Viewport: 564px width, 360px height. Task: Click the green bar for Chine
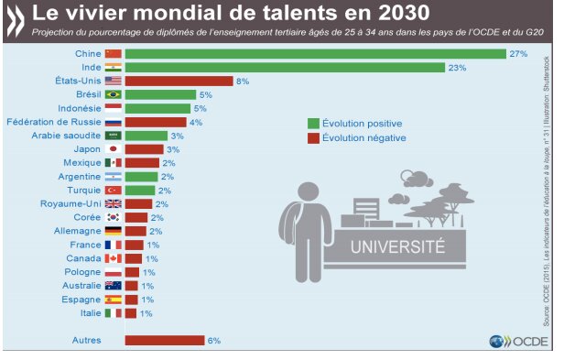point(316,54)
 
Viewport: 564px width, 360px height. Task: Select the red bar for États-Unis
point(179,81)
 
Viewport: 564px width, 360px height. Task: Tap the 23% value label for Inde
point(457,68)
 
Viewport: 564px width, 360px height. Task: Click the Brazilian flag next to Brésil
point(114,94)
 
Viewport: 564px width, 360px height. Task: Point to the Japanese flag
point(114,149)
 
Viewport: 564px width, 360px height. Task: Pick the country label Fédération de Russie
point(54,122)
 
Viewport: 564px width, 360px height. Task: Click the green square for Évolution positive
point(313,124)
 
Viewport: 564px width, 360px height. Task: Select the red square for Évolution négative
point(313,138)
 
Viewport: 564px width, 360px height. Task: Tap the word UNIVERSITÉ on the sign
point(397,247)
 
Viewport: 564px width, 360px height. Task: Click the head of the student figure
point(309,193)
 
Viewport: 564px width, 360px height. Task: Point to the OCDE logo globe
point(497,342)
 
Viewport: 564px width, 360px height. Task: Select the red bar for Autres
point(165,340)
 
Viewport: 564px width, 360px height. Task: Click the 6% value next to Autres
point(214,341)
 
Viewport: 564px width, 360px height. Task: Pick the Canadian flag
point(114,258)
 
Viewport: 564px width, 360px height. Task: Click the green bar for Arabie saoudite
point(146,136)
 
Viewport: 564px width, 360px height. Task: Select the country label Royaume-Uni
point(70,203)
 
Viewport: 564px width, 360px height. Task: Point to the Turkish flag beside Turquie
point(114,191)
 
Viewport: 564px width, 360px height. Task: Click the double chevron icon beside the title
point(16,21)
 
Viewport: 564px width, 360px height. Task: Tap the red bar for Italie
point(131,313)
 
